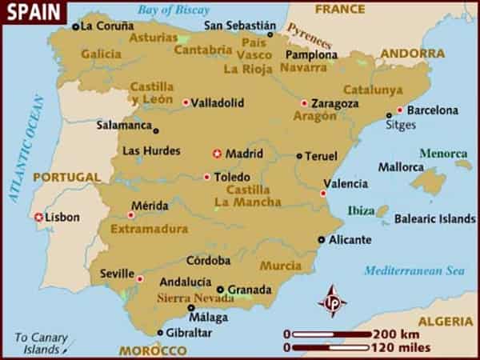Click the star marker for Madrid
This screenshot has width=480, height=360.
pyautogui.click(x=216, y=154)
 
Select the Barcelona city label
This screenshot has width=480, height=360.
pyautogui.click(x=433, y=110)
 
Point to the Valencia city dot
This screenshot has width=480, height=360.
pyautogui.click(x=323, y=193)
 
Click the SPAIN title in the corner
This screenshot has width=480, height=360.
pyautogui.click(x=28, y=11)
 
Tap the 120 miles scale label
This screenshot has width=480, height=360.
pyautogui.click(x=401, y=348)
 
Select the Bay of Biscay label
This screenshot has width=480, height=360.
pyautogui.click(x=173, y=10)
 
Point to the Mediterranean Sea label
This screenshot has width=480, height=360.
pyautogui.click(x=414, y=270)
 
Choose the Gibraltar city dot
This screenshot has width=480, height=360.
pyautogui.click(x=160, y=332)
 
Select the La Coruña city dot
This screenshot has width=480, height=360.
pyautogui.click(x=75, y=26)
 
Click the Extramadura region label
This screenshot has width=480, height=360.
pyautogui.click(x=149, y=229)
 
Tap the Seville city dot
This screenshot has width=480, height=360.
pyautogui.click(x=140, y=278)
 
